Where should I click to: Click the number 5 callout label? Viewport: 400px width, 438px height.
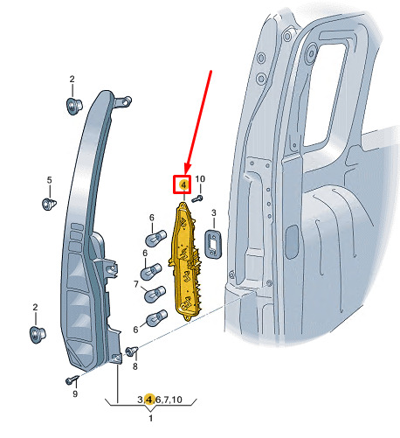tap(49, 180)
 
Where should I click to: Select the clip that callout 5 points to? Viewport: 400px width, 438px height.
tap(49, 204)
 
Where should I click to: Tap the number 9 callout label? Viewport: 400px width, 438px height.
tap(75, 394)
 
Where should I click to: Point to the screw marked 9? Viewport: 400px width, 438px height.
tap(72, 379)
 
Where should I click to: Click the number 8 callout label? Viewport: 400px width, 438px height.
tap(135, 366)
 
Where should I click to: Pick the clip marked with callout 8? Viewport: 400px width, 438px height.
tap(132, 351)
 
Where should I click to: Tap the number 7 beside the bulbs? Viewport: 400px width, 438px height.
tap(136, 284)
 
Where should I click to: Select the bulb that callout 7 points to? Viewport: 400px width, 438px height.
tap(155, 294)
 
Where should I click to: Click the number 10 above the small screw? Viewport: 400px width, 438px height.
tap(200, 179)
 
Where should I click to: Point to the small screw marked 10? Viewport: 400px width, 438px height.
tap(197, 198)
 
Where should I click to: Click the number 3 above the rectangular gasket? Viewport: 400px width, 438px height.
tap(214, 212)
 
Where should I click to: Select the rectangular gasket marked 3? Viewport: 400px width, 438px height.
tap(213, 244)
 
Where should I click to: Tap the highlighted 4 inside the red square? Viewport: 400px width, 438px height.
tap(183, 184)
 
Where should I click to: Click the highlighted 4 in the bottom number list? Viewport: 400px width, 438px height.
tap(149, 400)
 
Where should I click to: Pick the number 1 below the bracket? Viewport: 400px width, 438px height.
tap(151, 418)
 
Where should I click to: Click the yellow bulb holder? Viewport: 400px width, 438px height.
tap(185, 261)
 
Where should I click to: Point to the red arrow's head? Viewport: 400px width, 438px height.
tap(186, 170)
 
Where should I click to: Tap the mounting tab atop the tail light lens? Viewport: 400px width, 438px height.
tap(122, 102)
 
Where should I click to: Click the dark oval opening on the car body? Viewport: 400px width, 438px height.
tap(292, 242)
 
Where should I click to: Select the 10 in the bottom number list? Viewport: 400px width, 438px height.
tap(176, 400)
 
